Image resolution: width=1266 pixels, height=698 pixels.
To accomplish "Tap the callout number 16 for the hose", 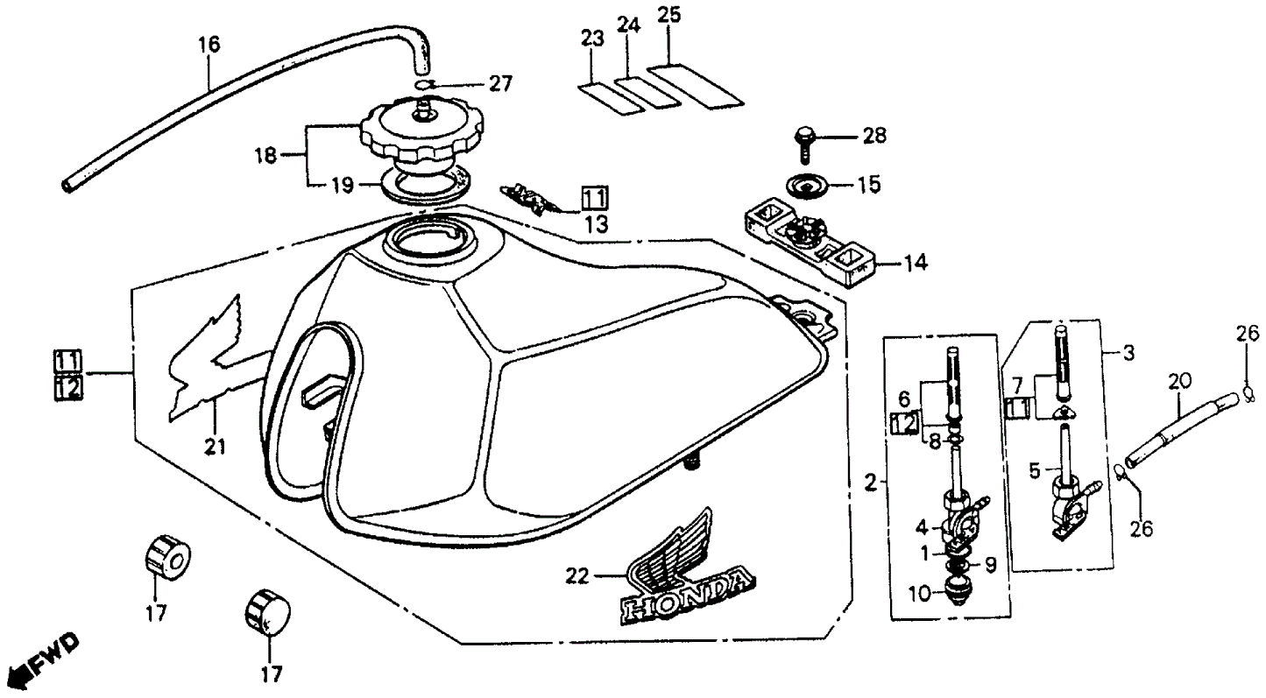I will [x=209, y=44].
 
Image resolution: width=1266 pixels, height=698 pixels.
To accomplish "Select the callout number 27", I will [x=499, y=84].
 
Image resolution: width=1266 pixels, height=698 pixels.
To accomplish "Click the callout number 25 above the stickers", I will [x=669, y=16].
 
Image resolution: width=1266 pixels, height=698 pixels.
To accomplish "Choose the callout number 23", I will [x=592, y=39].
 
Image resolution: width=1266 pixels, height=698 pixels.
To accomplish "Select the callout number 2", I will [x=870, y=481].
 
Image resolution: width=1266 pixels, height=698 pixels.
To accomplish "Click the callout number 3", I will [x=1128, y=354].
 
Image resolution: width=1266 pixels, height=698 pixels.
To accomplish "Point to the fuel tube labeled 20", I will [x=1183, y=429].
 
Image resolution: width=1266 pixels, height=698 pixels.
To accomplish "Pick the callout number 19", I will [x=342, y=185].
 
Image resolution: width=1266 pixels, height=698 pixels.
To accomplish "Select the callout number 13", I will [x=596, y=224].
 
